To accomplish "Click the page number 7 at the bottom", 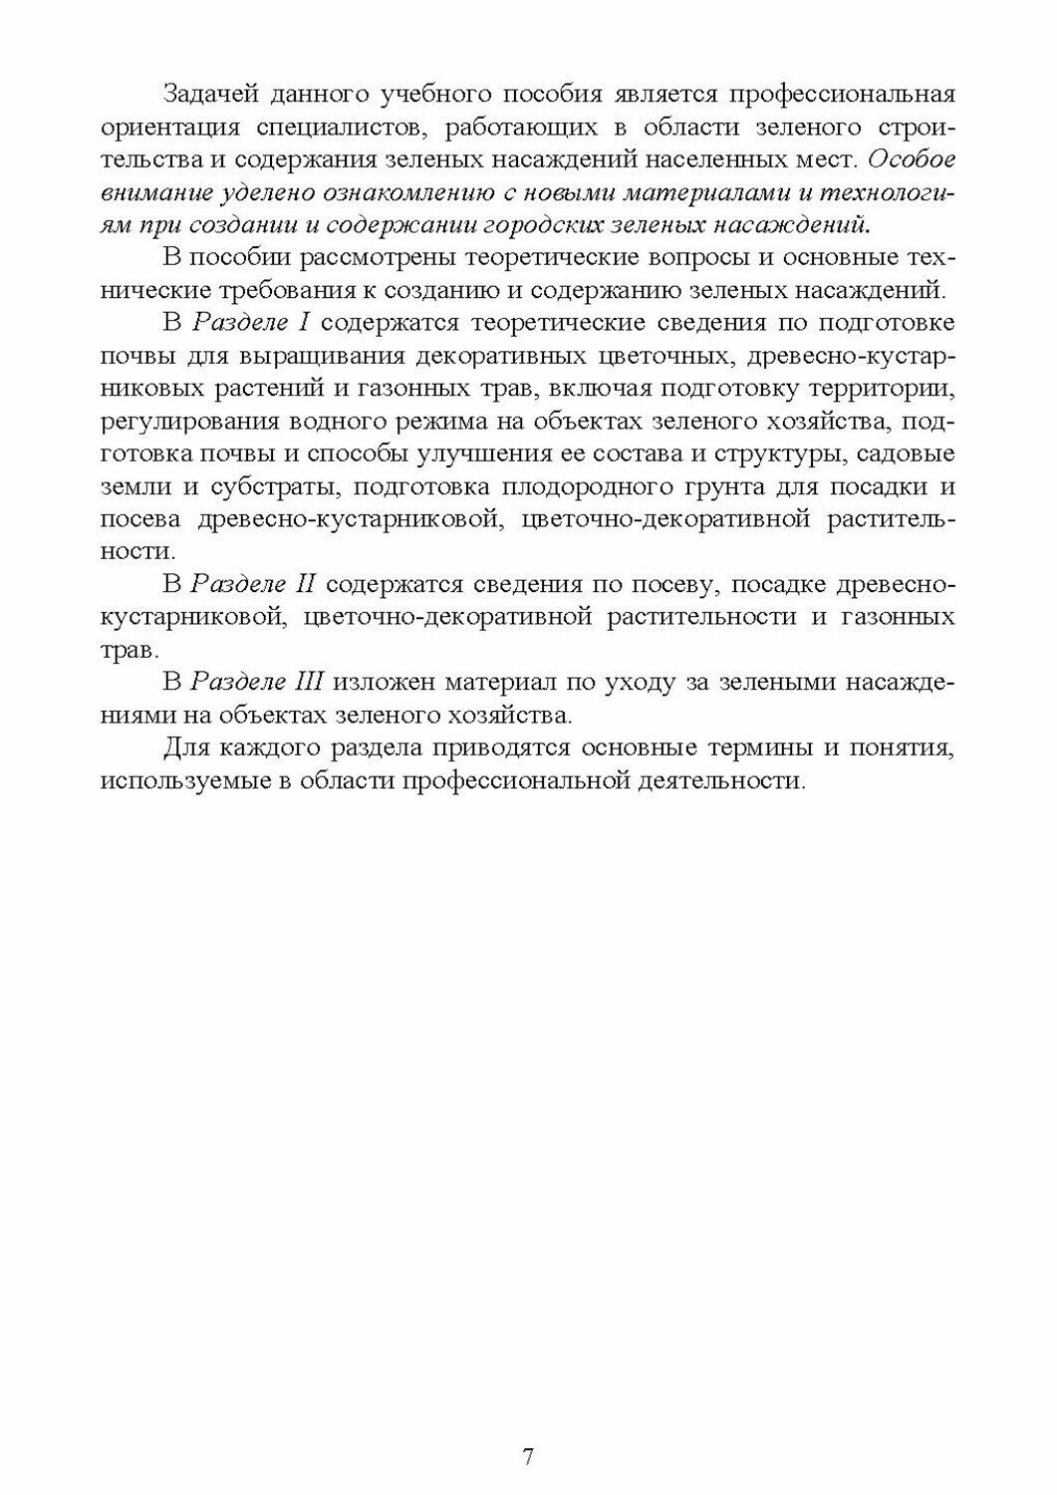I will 528,1456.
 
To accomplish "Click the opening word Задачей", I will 211,95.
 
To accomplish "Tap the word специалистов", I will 350,128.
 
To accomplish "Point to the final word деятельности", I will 717,780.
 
